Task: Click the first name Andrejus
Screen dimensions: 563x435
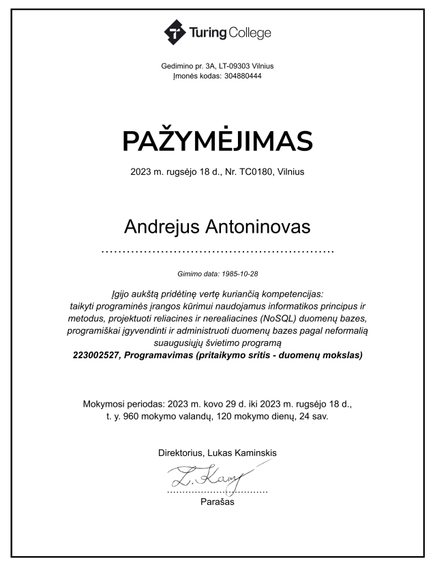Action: point(162,226)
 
